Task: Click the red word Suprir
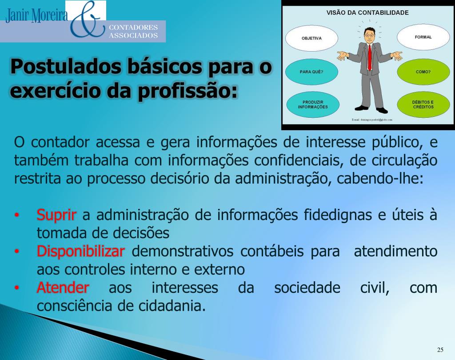point(56,215)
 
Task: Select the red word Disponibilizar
point(80,252)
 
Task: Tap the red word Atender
point(63,288)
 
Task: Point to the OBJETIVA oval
point(311,38)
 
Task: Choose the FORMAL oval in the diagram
point(423,37)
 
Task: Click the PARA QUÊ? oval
point(311,72)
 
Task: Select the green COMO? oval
point(423,72)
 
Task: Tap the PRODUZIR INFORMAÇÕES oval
point(312,104)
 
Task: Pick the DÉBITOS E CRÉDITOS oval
point(423,104)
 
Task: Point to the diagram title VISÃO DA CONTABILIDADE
point(367,13)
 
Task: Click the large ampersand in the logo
point(86,20)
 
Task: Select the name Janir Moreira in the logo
point(36,16)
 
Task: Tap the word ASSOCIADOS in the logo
point(134,36)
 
